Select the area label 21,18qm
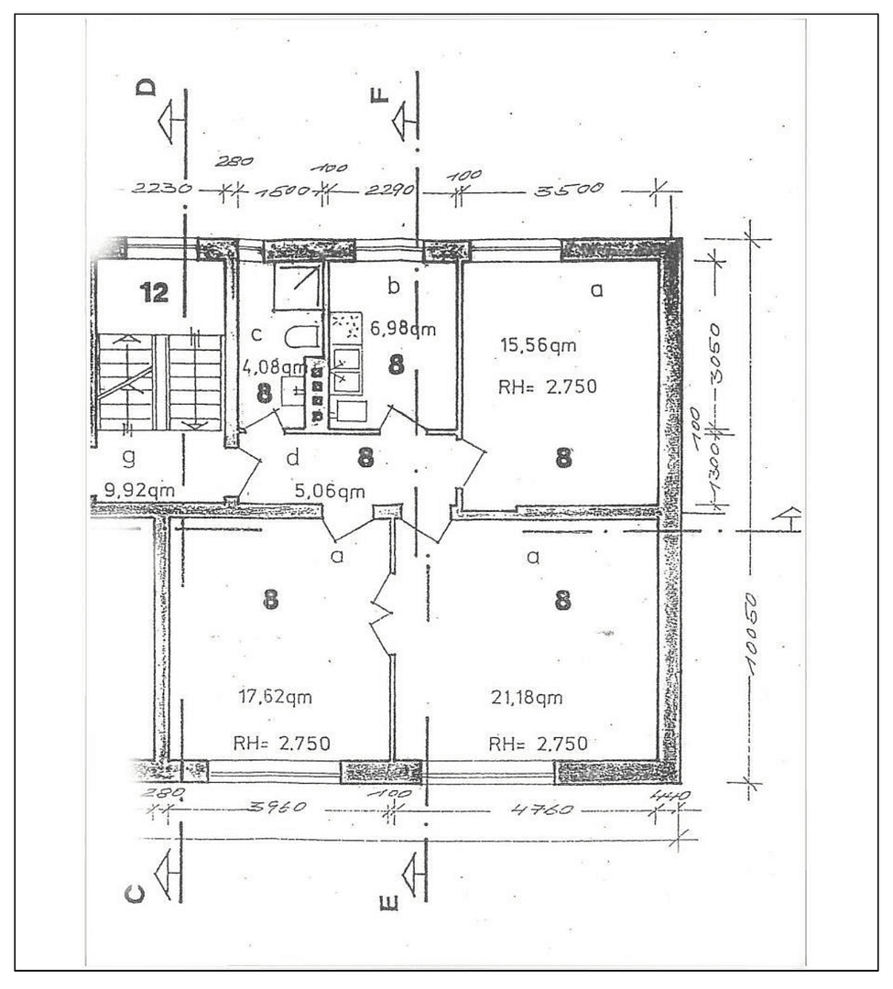526,699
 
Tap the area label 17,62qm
276,697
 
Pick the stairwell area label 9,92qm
140,490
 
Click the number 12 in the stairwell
154,293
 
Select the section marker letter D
147,87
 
